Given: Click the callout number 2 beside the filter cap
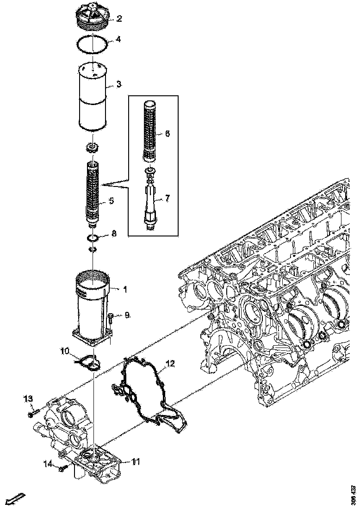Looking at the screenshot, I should click(x=119, y=19).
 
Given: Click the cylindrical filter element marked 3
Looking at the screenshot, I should click(x=93, y=97).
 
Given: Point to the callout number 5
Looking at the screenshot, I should click(x=111, y=201).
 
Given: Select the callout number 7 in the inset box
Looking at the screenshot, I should click(x=167, y=199).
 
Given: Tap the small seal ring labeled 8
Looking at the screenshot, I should click(x=93, y=238).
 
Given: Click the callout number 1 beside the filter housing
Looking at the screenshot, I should click(x=124, y=289).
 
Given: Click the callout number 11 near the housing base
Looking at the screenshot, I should click(x=136, y=461).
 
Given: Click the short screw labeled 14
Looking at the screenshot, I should click(x=63, y=469).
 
